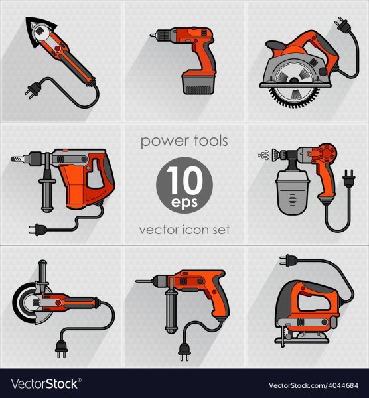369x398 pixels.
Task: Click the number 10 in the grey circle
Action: coord(185,180)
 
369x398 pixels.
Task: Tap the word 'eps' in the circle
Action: coord(184,203)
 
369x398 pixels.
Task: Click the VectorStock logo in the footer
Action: coord(46,384)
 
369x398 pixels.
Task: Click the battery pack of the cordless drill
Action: coord(198,82)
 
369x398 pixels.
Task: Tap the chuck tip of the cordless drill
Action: coord(153,36)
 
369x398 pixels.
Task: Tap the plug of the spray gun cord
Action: coord(348,178)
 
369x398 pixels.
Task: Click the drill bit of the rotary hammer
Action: coord(17,159)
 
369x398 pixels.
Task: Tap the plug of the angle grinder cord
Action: coord(62,348)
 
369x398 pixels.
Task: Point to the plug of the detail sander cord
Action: coord(33,90)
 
